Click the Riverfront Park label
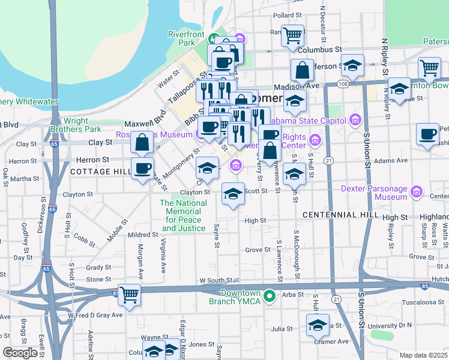pyautogui.click(x=183, y=38)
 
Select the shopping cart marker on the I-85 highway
pyautogui.click(x=129, y=295)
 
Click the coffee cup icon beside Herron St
pyautogui.click(x=142, y=167)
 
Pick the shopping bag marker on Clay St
pyautogui.click(x=142, y=143)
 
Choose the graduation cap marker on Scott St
pyautogui.click(x=234, y=193)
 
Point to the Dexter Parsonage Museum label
pyautogui.click(x=374, y=193)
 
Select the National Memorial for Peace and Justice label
pyautogui.click(x=184, y=215)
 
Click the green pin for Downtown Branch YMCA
pyautogui.click(x=270, y=296)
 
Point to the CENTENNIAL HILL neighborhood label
pyautogui.click(x=340, y=215)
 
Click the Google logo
pyautogui.click(x=20, y=352)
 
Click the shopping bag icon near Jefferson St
pyautogui.click(x=303, y=71)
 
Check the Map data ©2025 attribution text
pyautogui.click(x=424, y=355)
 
